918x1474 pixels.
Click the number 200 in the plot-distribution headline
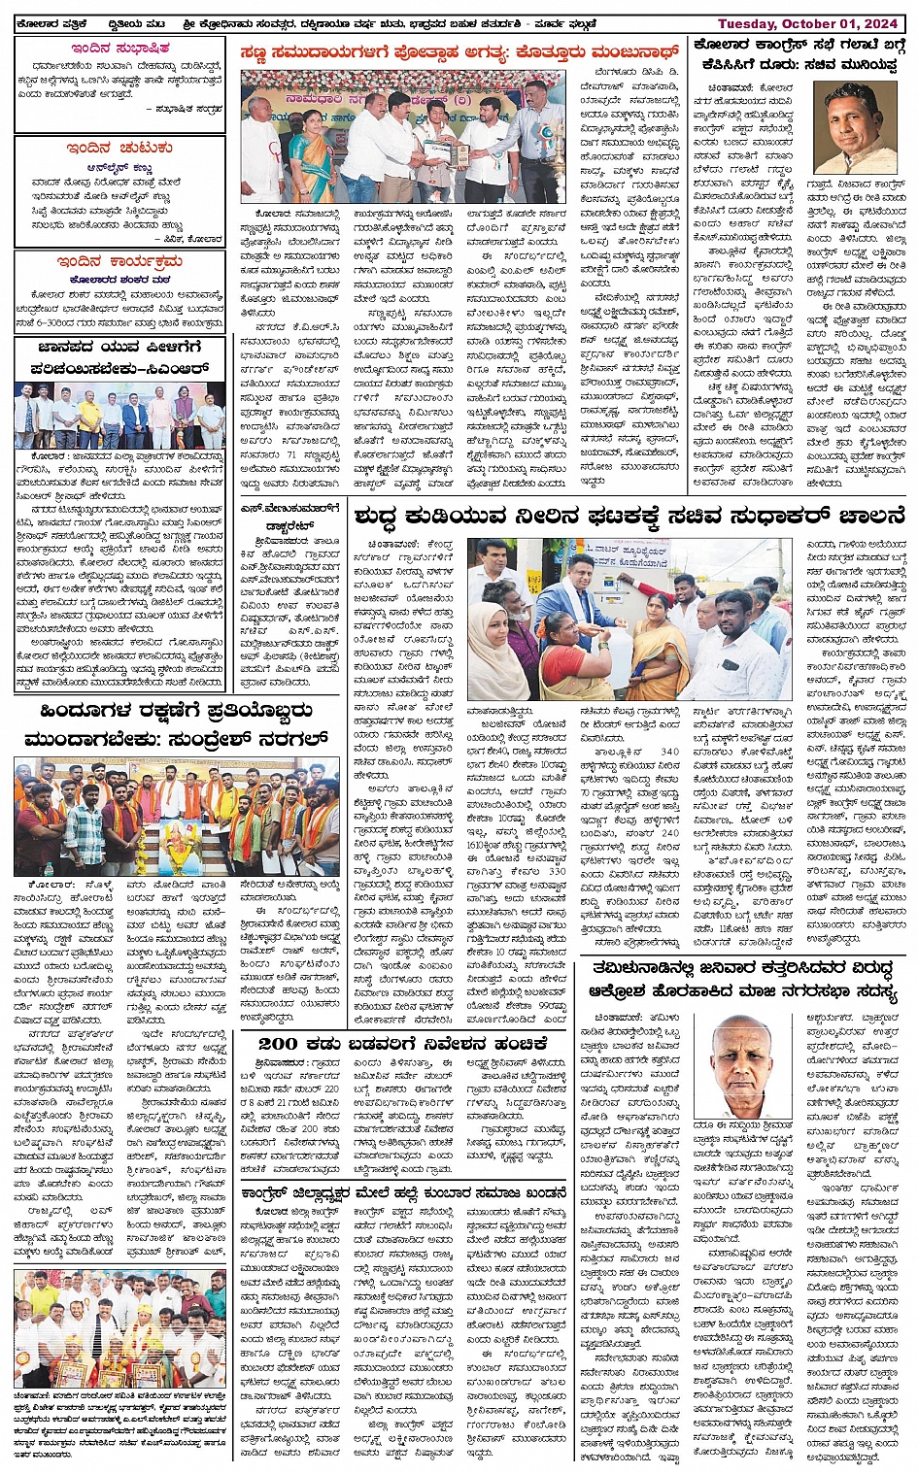point(277,1044)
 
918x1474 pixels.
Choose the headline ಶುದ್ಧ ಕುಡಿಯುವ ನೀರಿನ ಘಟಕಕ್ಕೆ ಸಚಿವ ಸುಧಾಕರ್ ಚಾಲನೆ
point(629,515)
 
